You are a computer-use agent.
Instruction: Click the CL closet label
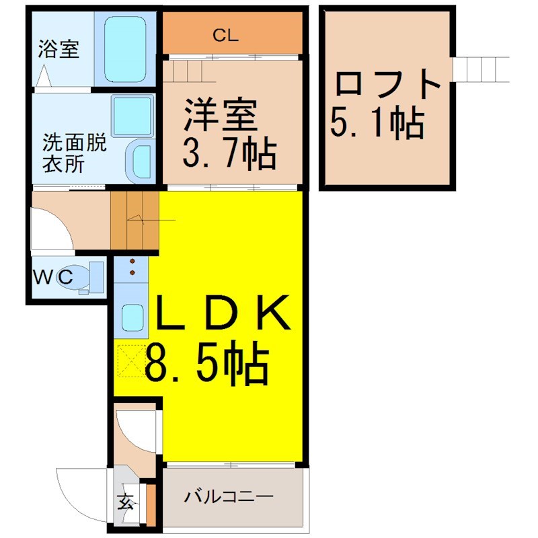point(225,36)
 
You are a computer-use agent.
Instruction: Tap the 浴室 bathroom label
point(59,48)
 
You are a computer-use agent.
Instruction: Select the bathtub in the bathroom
point(125,49)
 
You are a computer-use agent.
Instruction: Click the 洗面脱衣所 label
point(75,154)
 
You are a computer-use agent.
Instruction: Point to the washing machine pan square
point(132,116)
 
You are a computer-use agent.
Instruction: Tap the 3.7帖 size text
point(229,153)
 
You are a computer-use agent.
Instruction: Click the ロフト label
point(388,83)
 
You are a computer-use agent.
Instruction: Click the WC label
point(53,276)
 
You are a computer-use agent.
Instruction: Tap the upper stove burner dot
point(132,262)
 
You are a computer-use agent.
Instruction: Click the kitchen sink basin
point(132,317)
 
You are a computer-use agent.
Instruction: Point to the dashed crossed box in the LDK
point(132,361)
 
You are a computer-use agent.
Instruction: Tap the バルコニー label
point(229,496)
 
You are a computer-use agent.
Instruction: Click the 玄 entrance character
point(125,503)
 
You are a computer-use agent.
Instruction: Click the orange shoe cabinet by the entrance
point(151,505)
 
